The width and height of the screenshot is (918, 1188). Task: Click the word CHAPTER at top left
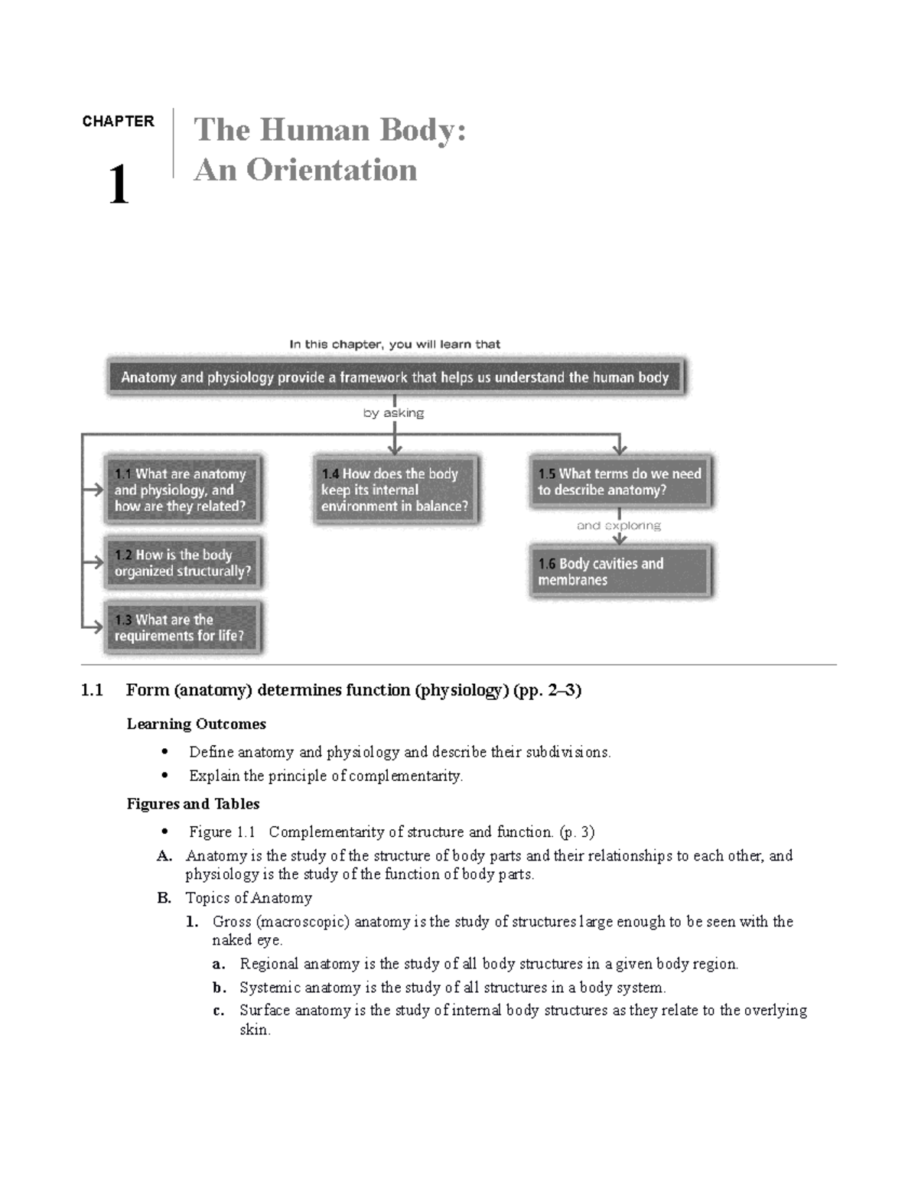click(118, 122)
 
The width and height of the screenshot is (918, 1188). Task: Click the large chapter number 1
click(118, 185)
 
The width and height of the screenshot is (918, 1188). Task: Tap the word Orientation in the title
click(331, 170)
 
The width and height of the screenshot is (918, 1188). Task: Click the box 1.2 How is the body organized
click(183, 563)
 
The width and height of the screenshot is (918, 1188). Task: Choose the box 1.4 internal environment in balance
click(395, 490)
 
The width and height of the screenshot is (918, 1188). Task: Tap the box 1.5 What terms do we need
click(620, 482)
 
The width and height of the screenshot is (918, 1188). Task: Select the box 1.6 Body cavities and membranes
click(620, 571)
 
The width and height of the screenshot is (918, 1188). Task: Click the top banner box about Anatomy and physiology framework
click(395, 377)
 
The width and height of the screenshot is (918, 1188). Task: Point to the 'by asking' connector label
click(394, 413)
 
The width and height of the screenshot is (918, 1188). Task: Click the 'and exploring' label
click(619, 526)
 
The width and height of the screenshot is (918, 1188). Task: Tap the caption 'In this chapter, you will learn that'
click(395, 344)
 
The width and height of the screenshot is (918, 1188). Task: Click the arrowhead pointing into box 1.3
click(97, 627)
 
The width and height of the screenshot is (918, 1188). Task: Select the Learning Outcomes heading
click(196, 724)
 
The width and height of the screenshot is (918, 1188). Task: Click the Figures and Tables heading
click(193, 804)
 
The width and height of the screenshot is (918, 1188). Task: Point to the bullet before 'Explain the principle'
click(164, 776)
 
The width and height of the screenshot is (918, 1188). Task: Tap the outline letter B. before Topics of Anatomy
click(164, 898)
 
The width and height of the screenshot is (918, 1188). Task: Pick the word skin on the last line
click(254, 1030)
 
